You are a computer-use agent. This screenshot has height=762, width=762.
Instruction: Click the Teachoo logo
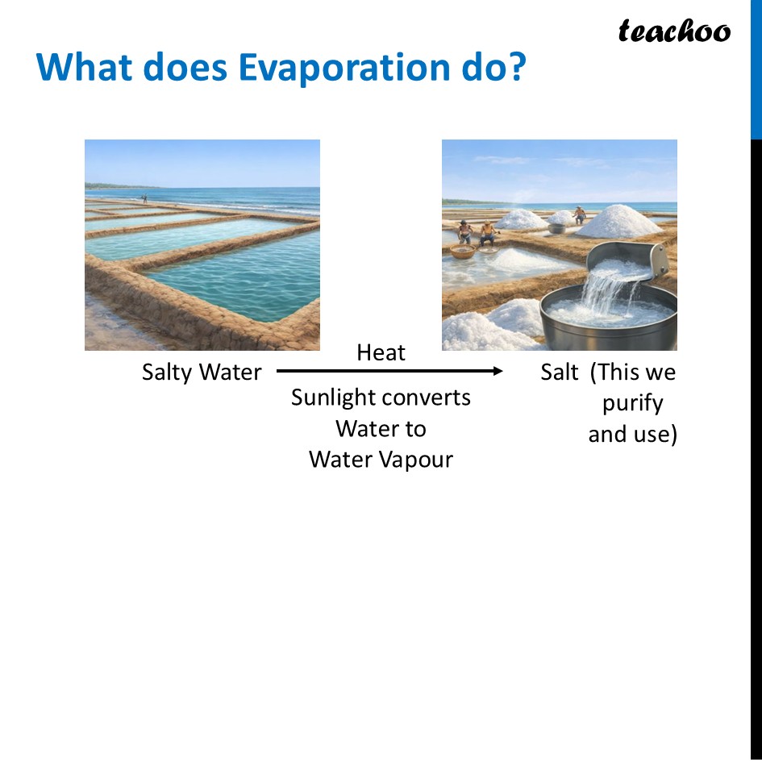tap(674, 31)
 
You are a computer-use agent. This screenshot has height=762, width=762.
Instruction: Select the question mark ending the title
tap(514, 68)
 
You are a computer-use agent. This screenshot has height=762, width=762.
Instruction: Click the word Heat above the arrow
tap(381, 352)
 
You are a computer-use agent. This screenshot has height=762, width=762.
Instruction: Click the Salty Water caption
tap(202, 372)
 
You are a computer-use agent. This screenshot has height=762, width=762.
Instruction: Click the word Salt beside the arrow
tap(560, 372)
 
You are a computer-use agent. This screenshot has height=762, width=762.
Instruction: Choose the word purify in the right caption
tap(632, 403)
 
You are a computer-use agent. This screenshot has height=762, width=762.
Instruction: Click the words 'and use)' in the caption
tap(632, 434)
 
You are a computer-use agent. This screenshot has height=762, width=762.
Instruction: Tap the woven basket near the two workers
tap(463, 252)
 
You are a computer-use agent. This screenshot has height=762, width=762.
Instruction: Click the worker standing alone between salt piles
tap(579, 214)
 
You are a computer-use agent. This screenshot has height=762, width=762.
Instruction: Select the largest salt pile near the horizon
tap(619, 222)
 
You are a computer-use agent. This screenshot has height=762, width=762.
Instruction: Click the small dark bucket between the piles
tap(557, 228)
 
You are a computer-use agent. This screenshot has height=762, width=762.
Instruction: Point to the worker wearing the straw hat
tap(487, 233)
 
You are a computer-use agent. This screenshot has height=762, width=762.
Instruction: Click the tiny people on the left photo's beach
tap(144, 198)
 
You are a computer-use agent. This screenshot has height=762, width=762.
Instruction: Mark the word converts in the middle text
tap(433, 398)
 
